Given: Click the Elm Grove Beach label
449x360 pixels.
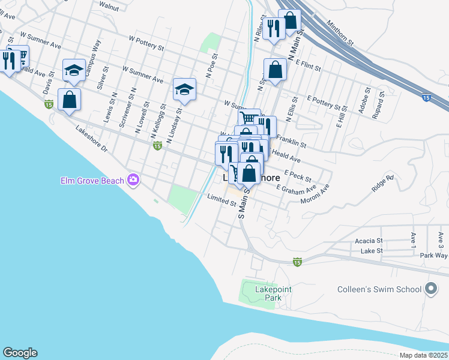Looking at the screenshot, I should point(92,180).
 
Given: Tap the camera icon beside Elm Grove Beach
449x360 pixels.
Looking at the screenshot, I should point(133,180).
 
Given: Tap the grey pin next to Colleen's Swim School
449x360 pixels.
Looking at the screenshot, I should point(430,289).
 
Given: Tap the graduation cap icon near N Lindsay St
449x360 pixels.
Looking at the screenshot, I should point(184,90).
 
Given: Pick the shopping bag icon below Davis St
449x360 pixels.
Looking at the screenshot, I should point(69,100).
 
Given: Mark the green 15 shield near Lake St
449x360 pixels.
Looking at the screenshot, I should point(297,262).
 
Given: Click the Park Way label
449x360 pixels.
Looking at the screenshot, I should point(433,255).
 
